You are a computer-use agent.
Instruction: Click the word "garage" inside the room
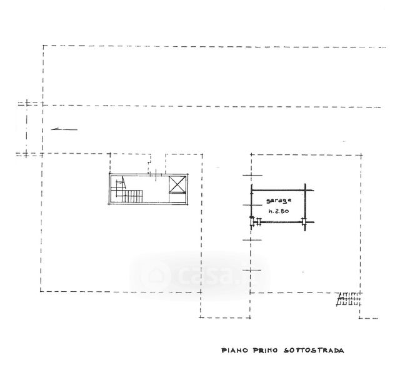277,200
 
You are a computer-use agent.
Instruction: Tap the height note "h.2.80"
279,212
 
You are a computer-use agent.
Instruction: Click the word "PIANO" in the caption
235,351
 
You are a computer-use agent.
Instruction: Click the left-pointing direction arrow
64,129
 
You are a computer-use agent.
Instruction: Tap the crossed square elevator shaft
177,186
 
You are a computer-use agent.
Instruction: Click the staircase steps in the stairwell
133,197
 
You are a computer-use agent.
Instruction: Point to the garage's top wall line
278,189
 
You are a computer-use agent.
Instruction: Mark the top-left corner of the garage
252,189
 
